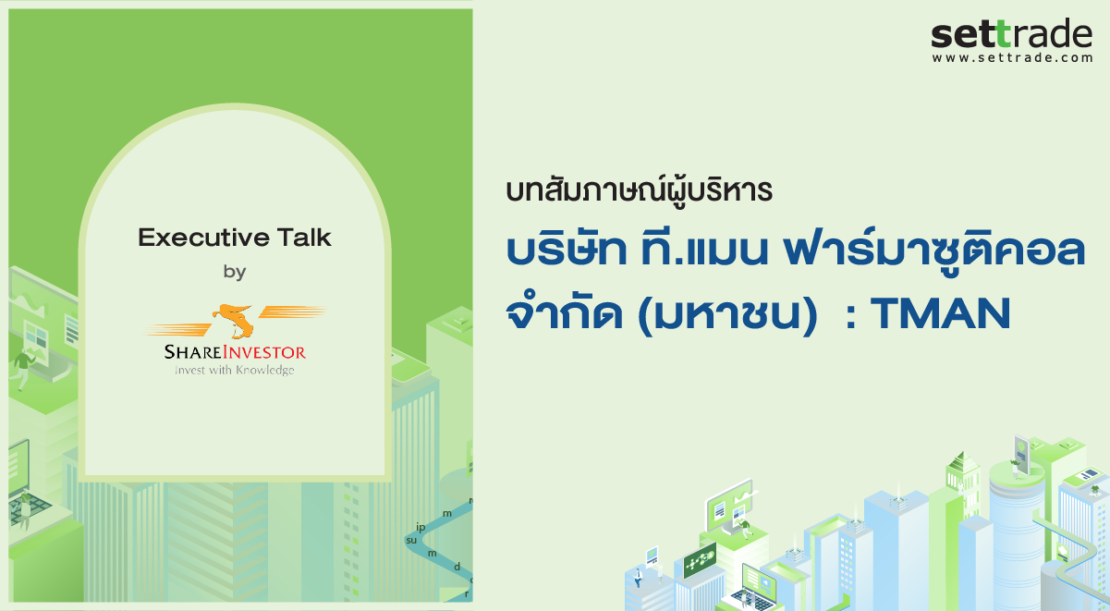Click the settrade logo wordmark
1011,34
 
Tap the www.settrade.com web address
1012,58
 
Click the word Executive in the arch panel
193,238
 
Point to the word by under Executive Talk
235,272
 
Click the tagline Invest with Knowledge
235,370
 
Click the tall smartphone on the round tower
1021,454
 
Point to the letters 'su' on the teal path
411,540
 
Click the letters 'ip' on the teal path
421,527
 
